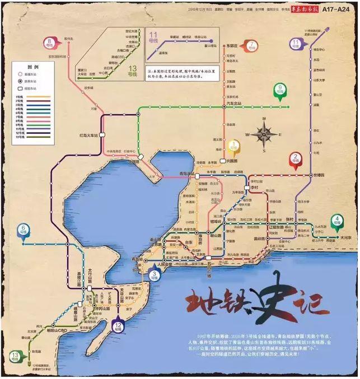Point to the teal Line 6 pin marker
tap(24, 230)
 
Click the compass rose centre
tap(264, 134)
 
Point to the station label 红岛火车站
tap(92, 135)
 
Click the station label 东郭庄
tap(231, 44)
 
